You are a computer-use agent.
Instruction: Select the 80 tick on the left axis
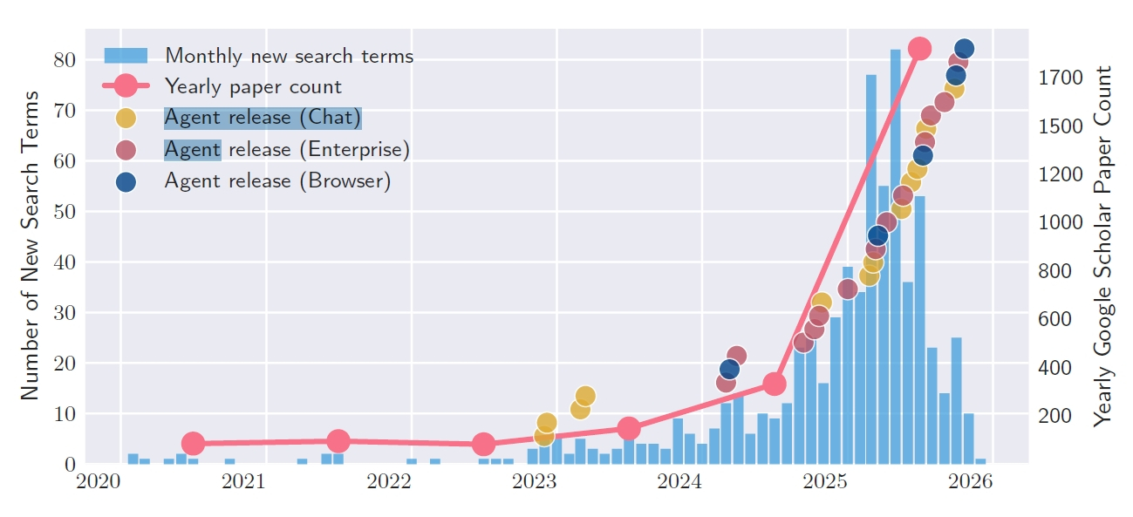(x=64, y=60)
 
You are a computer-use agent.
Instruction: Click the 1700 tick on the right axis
(x=1060, y=78)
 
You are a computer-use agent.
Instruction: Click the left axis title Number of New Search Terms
(x=30, y=246)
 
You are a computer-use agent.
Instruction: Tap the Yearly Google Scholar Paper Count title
(x=1104, y=246)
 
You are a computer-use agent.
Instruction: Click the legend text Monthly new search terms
(x=289, y=56)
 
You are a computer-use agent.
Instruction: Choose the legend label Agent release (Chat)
(x=263, y=119)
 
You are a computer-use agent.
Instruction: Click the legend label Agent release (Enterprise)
(x=287, y=149)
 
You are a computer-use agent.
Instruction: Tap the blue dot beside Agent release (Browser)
(x=126, y=181)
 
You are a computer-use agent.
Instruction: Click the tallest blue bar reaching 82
(x=895, y=253)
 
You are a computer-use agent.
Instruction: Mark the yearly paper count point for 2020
(x=194, y=444)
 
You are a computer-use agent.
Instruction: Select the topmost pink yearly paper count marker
(x=919, y=49)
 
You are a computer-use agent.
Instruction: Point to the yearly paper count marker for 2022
(x=484, y=444)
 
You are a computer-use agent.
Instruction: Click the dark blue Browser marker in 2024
(x=730, y=370)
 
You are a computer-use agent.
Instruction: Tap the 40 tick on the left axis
(x=64, y=262)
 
